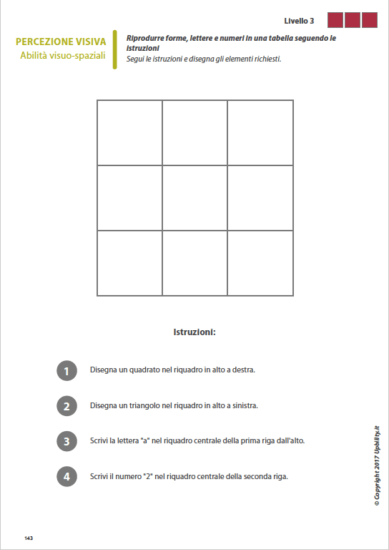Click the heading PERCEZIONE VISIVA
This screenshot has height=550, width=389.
[x=61, y=42]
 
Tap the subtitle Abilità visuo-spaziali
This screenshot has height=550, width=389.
[x=63, y=55]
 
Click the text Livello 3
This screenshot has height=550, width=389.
[x=299, y=21]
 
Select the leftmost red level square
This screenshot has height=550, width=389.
[x=335, y=20]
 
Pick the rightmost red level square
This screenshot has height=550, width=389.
[x=370, y=20]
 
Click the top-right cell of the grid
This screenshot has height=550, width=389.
[x=260, y=132]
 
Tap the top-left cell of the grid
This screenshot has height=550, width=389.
[x=129, y=132]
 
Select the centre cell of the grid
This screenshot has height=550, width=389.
[x=194, y=198]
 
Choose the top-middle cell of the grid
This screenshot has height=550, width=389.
[x=194, y=132]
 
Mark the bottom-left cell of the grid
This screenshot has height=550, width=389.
[x=129, y=263]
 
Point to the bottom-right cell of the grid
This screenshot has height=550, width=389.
[x=260, y=263]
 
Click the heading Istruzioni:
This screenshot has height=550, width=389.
[x=194, y=332]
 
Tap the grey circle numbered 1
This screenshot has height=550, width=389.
[x=67, y=371]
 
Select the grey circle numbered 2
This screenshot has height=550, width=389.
[x=67, y=406]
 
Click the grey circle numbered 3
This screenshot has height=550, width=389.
[x=67, y=441]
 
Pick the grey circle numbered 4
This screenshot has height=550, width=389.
[x=67, y=476]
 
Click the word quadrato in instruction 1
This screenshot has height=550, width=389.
[x=146, y=370]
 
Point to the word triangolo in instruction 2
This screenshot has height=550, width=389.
[x=147, y=405]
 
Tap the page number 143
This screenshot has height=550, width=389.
[x=29, y=537]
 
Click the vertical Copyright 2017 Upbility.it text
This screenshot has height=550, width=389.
[x=376, y=465]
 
